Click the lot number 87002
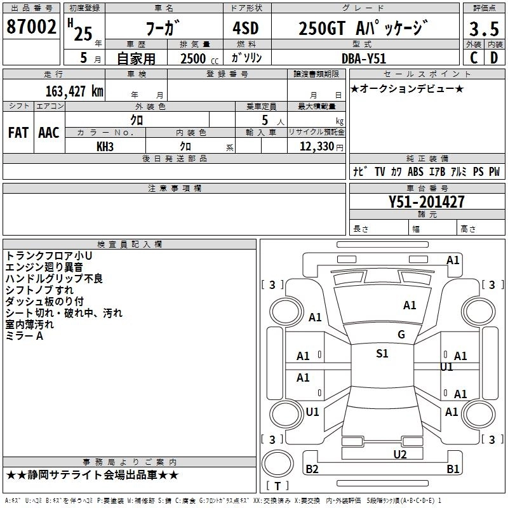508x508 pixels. click(31, 27)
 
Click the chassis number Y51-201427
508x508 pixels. click(427, 202)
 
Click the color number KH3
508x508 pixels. click(105, 147)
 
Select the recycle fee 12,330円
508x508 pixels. click(316, 147)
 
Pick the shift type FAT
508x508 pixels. click(18, 133)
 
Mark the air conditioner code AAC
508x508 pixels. click(49, 133)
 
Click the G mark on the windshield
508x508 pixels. click(401, 334)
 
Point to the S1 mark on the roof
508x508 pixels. click(382, 353)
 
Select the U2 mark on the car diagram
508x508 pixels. click(400, 453)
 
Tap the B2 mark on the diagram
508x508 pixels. click(312, 469)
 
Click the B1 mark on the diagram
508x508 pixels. click(453, 469)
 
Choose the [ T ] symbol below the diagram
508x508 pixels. click(277, 486)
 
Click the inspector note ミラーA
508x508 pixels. click(24, 336)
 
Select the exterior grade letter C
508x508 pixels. click(473, 58)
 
